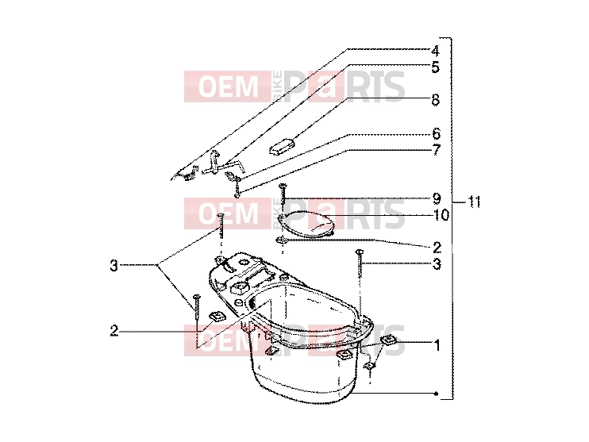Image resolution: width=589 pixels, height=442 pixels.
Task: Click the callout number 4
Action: click(x=435, y=51)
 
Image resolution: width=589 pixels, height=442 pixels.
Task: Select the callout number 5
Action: click(x=435, y=67)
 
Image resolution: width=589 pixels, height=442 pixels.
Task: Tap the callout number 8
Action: click(x=435, y=100)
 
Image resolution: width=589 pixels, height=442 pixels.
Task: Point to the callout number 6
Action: click(x=436, y=133)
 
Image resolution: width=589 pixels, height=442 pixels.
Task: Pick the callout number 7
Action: click(x=436, y=150)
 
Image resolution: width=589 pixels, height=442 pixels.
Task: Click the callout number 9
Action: click(x=437, y=198)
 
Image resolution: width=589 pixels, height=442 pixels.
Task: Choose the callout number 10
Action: click(x=441, y=215)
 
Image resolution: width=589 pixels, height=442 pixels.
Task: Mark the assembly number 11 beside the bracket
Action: click(x=474, y=202)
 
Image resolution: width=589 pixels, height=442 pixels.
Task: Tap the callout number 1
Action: click(x=437, y=345)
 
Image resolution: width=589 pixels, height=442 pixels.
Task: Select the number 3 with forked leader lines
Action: click(x=114, y=266)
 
